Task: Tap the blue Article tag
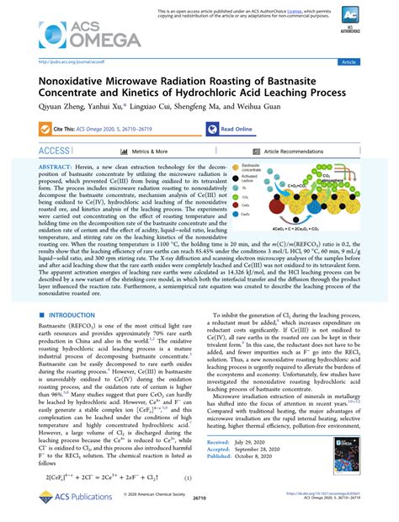[x=370, y=62]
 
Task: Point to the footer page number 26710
[x=199, y=509]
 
